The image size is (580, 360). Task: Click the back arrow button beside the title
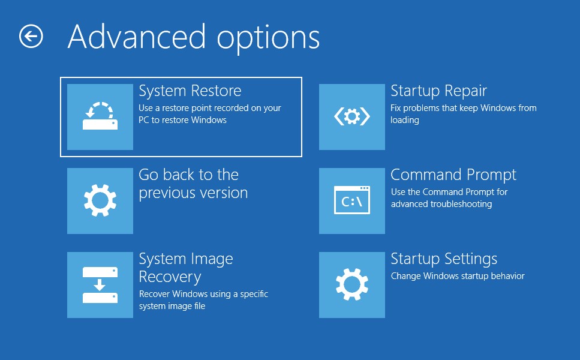pos(31,36)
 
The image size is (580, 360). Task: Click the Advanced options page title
pos(194,38)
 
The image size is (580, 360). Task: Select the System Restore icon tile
pos(100,117)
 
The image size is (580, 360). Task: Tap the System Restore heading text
pos(190,91)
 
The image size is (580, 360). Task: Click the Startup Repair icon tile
pos(351,117)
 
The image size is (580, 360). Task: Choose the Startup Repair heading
pos(438,91)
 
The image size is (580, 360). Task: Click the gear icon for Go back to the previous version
pos(100,201)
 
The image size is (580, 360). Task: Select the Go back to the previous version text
pos(193,184)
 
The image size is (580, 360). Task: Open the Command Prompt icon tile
pos(351,201)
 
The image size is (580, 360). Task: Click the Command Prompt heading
pos(453,175)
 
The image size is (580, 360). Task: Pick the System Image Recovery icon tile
pos(100,285)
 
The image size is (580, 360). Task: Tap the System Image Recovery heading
pos(186,268)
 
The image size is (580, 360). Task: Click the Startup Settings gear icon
pos(351,285)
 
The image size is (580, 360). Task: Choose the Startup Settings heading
pos(444,259)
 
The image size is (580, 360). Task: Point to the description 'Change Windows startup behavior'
pos(458,276)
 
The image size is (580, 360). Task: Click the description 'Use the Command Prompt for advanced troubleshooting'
pos(449,198)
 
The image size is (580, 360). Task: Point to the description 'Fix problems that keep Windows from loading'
pos(464,114)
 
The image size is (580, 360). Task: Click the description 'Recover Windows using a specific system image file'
pos(203,300)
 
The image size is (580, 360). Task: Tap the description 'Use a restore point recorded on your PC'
pos(210,114)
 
